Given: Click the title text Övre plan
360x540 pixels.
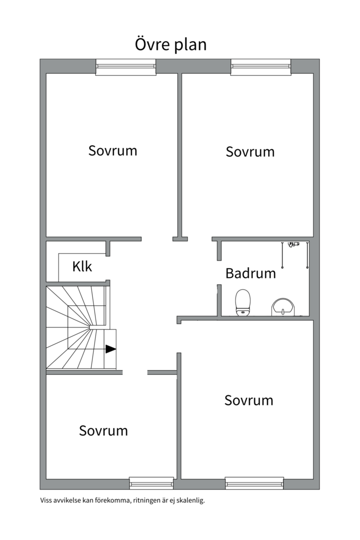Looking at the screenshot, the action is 170,45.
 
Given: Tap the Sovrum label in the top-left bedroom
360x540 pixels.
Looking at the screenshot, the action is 112,151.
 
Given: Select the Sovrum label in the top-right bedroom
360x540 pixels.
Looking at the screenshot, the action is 250,152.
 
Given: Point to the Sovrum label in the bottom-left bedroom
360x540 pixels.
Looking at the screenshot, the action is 103,431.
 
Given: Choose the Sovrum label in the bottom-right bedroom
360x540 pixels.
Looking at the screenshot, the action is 248,400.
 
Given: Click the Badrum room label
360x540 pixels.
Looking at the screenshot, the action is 250,273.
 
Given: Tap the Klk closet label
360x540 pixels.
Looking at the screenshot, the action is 82,266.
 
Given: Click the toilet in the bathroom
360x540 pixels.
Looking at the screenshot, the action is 243,302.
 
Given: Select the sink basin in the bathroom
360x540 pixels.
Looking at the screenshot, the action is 283,307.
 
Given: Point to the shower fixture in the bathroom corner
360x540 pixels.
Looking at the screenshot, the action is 294,255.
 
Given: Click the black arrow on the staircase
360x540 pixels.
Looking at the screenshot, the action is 110,349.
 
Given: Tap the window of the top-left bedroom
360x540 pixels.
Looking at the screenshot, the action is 125,67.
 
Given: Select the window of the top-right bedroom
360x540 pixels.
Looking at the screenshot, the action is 261,67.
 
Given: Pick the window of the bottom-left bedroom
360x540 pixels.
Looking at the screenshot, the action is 151,483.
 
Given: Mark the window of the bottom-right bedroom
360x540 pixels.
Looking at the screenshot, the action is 254,483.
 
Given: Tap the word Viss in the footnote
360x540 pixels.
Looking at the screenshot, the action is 46,500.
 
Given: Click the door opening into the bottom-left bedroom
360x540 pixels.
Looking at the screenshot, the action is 135,372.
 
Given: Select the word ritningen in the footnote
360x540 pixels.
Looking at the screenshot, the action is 146,500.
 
